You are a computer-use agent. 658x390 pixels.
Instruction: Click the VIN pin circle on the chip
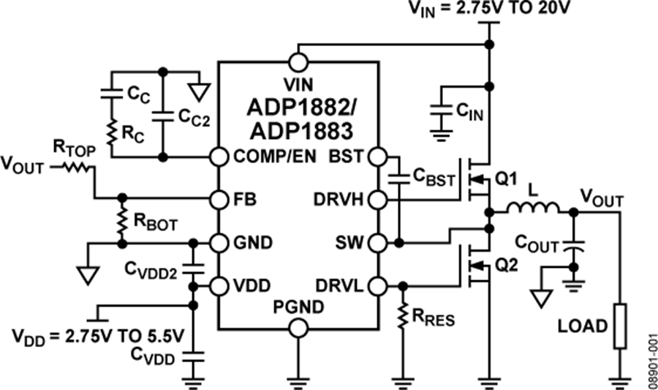tap(298, 60)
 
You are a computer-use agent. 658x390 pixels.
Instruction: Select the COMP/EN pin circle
tap(218, 157)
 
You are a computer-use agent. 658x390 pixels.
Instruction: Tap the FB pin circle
tap(218, 198)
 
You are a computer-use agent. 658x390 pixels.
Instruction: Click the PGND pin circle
tap(298, 327)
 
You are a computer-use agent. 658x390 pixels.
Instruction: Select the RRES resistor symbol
tap(401, 316)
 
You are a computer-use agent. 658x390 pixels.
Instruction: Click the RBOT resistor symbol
tap(122, 222)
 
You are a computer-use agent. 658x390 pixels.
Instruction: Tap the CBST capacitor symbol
tap(401, 178)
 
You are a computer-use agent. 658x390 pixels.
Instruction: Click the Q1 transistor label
tap(507, 178)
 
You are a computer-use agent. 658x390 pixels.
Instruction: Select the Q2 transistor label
tap(507, 265)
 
